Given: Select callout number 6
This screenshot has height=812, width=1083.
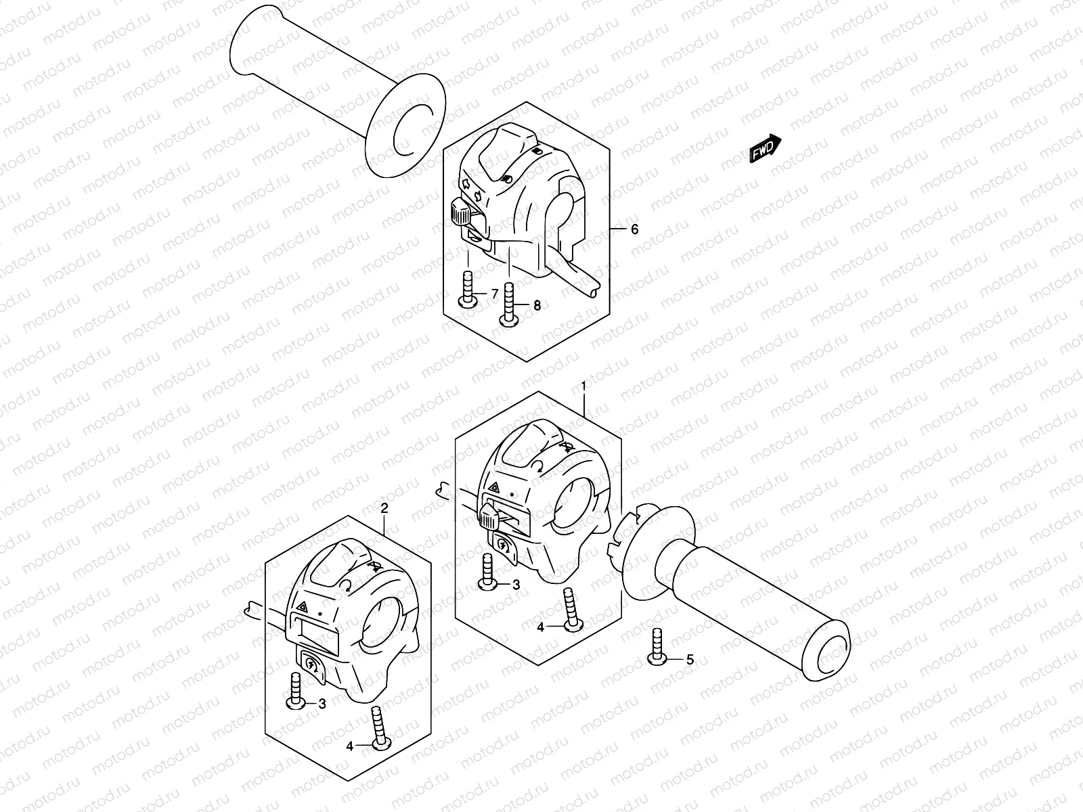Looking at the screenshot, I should pos(634,229).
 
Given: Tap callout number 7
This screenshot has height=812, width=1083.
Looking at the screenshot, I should pos(495,294).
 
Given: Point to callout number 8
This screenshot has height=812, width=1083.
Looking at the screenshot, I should pos(537,306).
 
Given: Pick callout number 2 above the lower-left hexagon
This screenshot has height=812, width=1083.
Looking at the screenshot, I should pos(384,508).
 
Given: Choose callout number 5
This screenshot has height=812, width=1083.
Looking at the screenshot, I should pos(690,659).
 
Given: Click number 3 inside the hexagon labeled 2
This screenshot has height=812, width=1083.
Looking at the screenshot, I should pos(322,704).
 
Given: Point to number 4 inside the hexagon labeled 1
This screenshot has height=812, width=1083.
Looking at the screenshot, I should pos(540,627).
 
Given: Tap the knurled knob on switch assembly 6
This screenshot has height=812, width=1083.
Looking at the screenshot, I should pos(459,212).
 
